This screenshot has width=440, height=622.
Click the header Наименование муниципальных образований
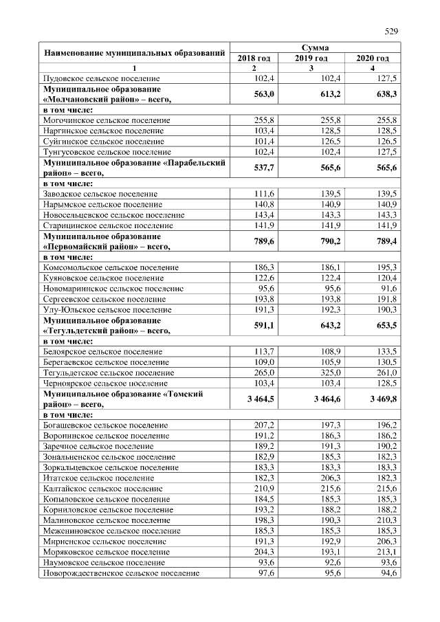134,53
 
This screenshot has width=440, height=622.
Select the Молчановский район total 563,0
264,94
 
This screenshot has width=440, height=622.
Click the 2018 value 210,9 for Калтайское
265,488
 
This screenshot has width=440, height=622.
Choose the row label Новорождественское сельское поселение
121,572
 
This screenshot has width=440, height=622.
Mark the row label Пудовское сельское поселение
101,79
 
